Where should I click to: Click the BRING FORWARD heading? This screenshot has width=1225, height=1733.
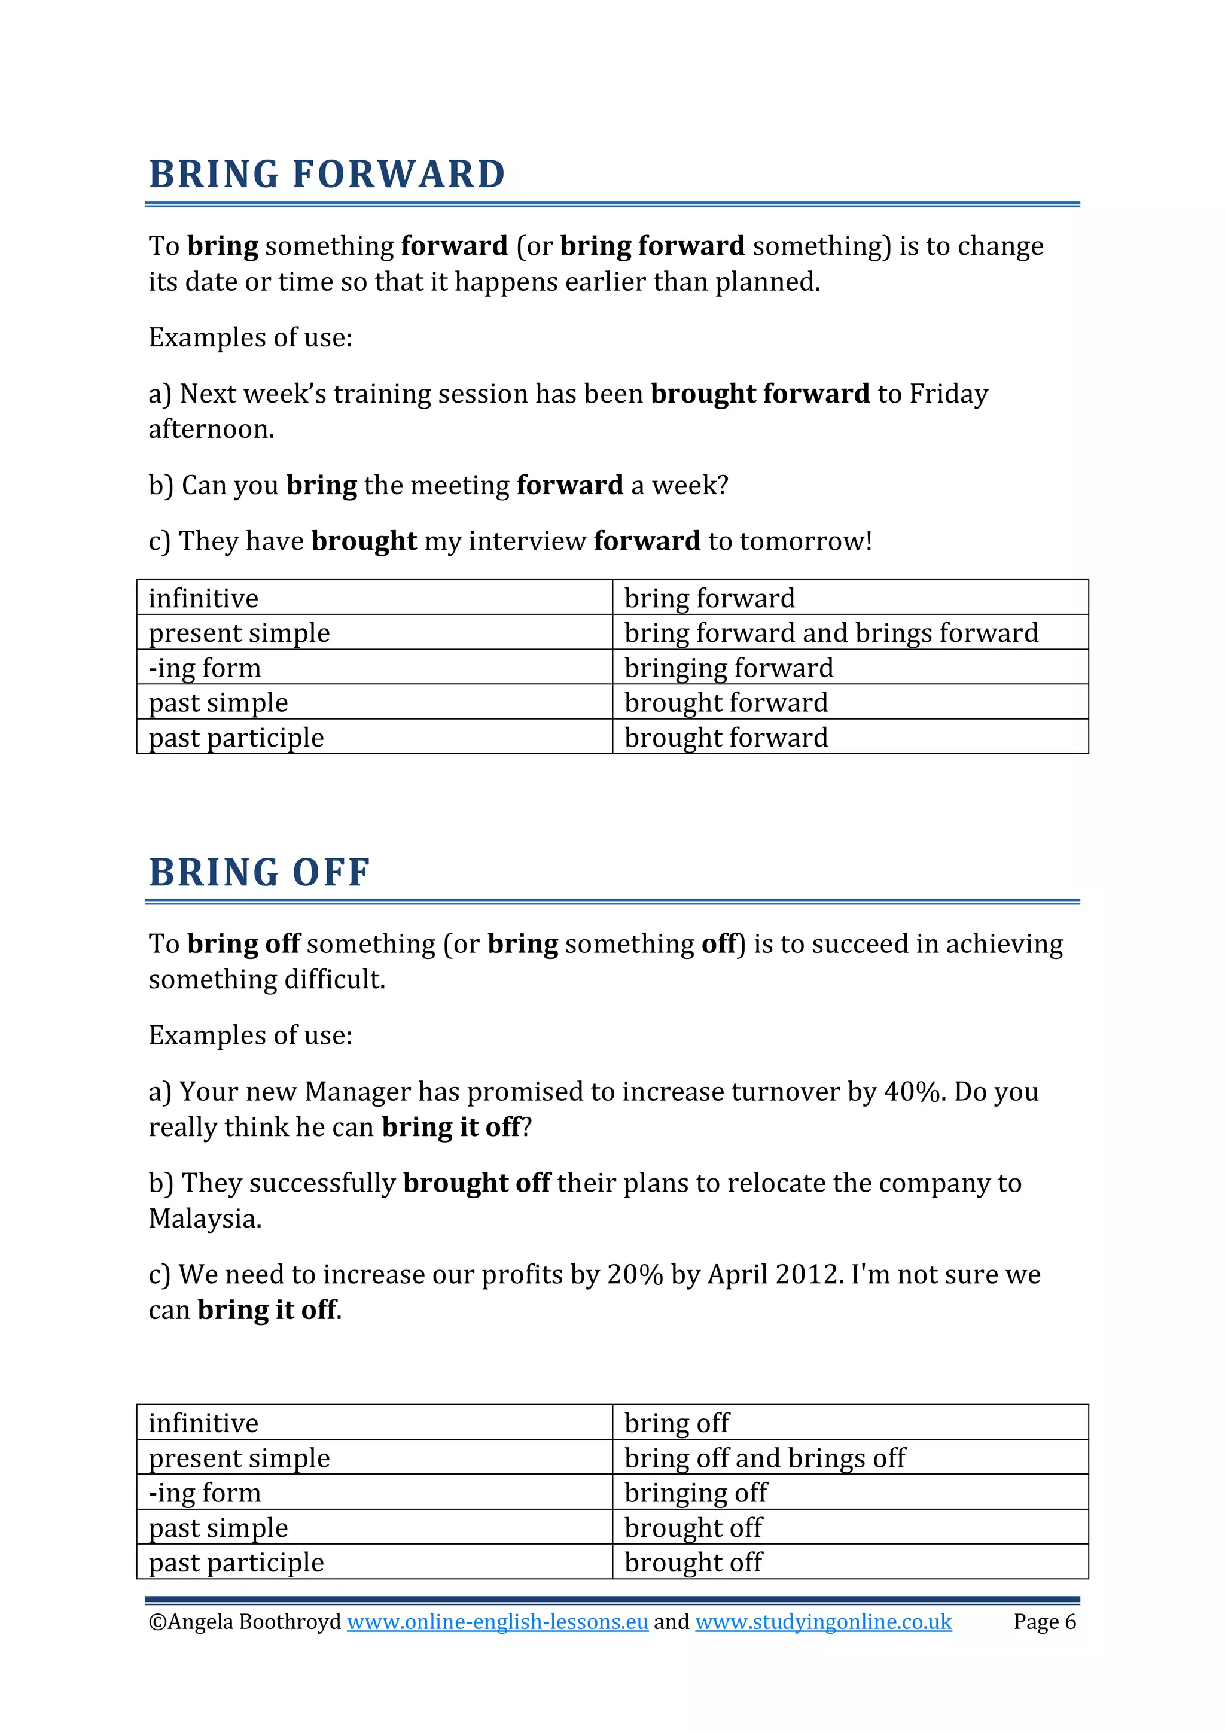[x=327, y=174]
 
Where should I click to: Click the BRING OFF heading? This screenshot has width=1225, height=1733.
[x=259, y=873]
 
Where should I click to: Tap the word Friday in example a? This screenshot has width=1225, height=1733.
[x=948, y=394]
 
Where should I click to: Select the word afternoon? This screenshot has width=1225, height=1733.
[x=211, y=430]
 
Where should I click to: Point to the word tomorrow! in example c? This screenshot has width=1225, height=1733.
[x=805, y=541]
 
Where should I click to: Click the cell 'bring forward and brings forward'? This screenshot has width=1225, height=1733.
[x=831, y=632]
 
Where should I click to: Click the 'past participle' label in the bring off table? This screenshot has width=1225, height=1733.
[x=236, y=1563]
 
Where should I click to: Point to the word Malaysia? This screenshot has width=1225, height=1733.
[x=205, y=1218]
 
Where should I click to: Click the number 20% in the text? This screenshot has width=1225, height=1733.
[x=635, y=1275]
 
